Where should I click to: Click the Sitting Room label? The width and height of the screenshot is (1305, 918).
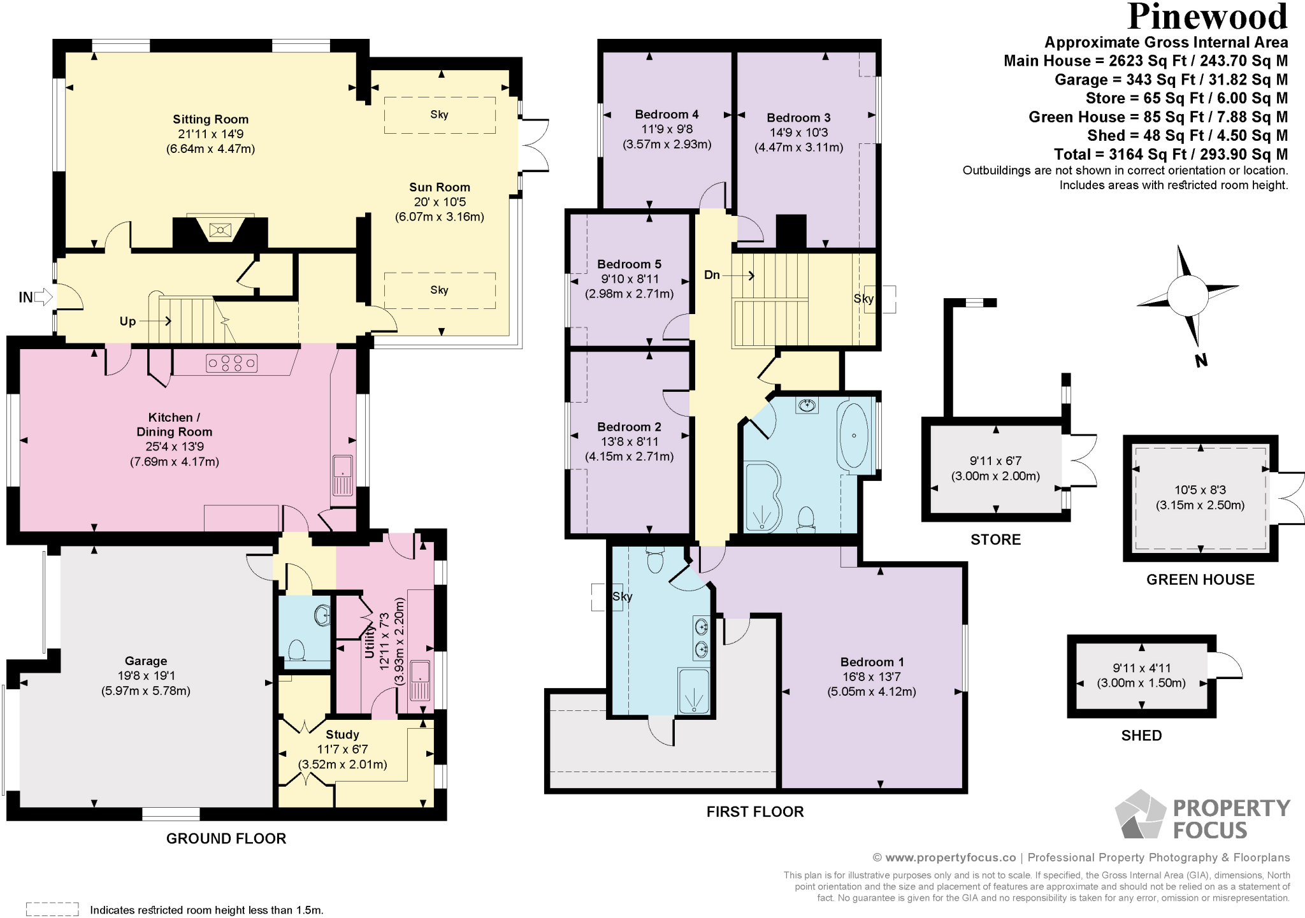pos(210,119)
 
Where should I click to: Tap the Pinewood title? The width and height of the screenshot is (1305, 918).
pos(1208,17)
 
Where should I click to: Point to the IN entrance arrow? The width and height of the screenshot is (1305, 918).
pos(43,297)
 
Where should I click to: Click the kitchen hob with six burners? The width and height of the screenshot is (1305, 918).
pos(232,363)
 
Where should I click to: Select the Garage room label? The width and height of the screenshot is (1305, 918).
pos(146,661)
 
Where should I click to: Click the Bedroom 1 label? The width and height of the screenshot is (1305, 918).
pos(872,662)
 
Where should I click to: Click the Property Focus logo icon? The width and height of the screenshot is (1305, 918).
pos(1141,815)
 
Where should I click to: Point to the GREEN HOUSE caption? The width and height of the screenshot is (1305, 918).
pos(1200,580)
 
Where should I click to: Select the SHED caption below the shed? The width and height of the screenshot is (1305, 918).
pos(1141,736)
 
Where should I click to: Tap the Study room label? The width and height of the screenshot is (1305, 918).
pos(342,735)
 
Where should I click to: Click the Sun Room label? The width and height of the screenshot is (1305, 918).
pos(439,187)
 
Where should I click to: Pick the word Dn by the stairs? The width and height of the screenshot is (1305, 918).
pos(712,275)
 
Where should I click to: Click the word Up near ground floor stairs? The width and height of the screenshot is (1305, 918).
pos(127,321)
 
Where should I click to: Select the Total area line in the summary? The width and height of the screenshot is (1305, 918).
pos(1171,154)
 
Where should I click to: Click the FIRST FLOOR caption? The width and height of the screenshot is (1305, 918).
pos(755,812)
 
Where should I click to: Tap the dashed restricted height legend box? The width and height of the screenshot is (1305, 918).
pos(52,909)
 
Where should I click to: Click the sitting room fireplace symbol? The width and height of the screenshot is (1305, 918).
pos(220,229)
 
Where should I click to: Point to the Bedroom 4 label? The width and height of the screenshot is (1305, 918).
pos(667,115)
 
